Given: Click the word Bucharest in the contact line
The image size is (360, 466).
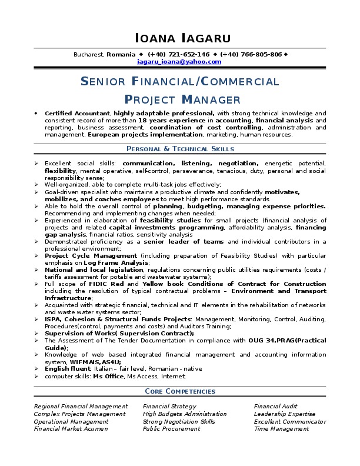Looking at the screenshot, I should pyautogui.click(x=89, y=54).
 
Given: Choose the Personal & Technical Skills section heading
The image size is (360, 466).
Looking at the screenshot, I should pyautogui.click(x=180, y=149).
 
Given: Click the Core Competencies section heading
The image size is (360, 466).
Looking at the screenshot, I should pyautogui.click(x=180, y=391).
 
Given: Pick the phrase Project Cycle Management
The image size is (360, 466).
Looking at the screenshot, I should pyautogui.click(x=91, y=255).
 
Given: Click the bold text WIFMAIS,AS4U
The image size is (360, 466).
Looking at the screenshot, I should pyautogui.click(x=94, y=361).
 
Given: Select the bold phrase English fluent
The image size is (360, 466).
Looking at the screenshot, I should pyautogui.click(x=66, y=368).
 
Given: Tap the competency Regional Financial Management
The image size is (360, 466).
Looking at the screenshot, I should pyautogui.click(x=81, y=406).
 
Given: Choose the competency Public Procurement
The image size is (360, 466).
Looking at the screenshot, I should pyautogui.click(x=171, y=429).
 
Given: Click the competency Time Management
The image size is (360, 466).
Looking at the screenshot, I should pyautogui.click(x=281, y=429).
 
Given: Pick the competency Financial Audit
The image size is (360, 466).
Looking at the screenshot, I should pyautogui.click(x=275, y=406).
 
